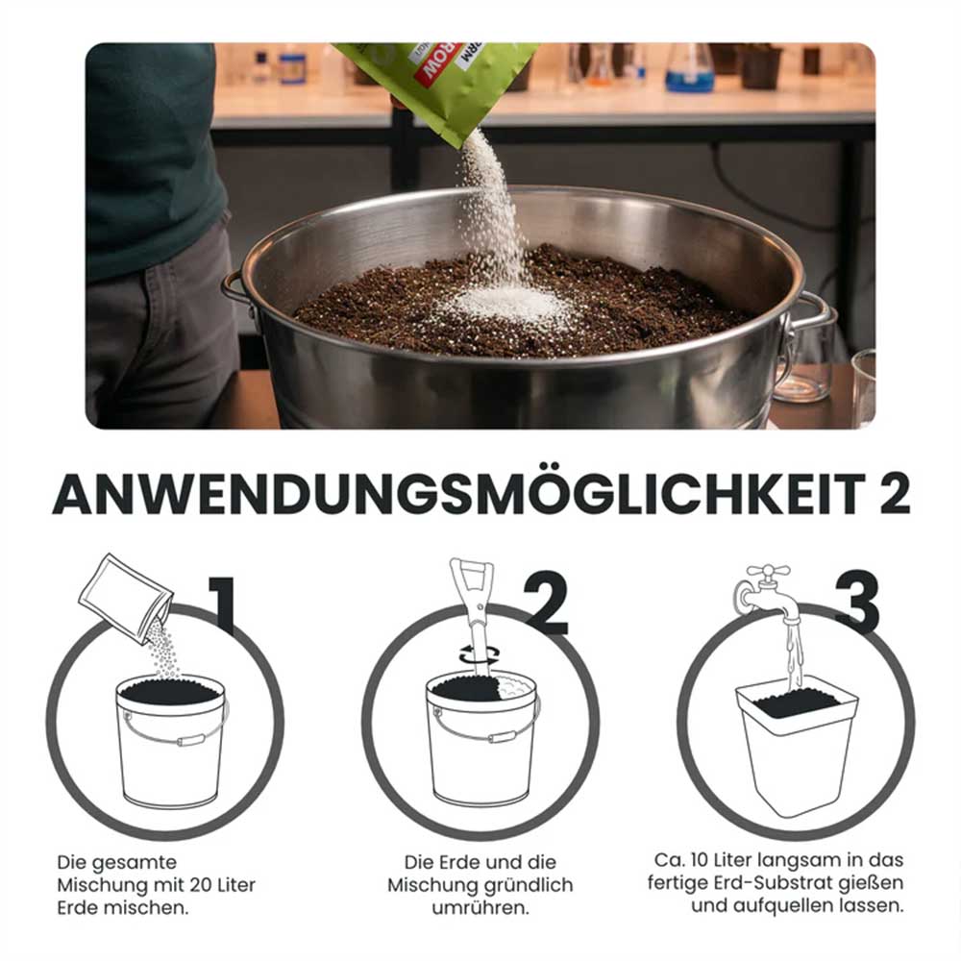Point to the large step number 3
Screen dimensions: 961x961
click(857, 604)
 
